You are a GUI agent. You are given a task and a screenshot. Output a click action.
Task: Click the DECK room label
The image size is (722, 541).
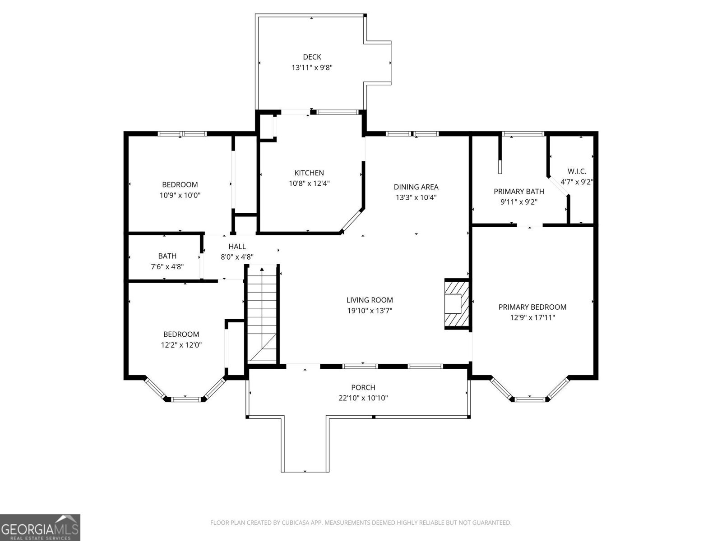tap(312, 57)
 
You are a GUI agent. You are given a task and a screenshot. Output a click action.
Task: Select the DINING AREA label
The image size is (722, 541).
tap(416, 187)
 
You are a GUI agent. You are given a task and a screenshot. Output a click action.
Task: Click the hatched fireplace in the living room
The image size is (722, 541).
tap(457, 303)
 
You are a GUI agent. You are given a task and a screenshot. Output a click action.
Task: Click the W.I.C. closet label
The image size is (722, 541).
tap(577, 171)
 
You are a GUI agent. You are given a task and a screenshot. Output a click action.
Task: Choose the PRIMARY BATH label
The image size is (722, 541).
tap(518, 192)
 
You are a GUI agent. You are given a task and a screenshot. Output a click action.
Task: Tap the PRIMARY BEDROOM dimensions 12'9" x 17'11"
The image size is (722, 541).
tap(532, 318)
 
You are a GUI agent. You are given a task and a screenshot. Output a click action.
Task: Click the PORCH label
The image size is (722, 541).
tap(363, 387)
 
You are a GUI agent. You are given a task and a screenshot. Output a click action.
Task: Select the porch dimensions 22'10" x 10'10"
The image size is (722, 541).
tap(363, 398)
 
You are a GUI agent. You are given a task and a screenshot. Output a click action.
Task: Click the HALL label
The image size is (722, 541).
tap(237, 246)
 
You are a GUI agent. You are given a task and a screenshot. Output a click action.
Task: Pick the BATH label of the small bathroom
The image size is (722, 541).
tap(167, 256)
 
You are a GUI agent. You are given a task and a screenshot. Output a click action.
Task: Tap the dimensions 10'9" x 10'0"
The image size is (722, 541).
tap(180, 195)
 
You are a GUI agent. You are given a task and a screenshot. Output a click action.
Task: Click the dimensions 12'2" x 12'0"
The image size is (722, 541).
tap(181, 345)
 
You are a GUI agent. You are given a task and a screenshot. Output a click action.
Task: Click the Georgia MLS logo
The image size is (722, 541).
tap(40, 527)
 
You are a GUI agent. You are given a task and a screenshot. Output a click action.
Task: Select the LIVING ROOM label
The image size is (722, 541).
tap(370, 300)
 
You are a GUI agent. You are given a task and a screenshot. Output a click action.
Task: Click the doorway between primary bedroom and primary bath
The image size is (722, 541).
tap(530, 225)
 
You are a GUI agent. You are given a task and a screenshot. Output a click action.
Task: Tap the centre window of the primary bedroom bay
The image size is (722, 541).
tap(530, 399)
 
